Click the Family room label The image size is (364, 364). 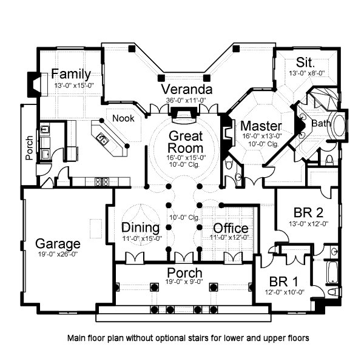(71, 74)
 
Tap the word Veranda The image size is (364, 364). (187, 89)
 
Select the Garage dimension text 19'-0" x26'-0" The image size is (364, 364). (58, 254)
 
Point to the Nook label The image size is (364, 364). (123, 118)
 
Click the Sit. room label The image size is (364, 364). (306, 62)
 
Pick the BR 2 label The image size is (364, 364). (308, 212)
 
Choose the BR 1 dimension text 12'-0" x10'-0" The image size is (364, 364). (285, 292)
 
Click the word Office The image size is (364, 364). (231, 228)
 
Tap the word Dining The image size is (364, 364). (141, 227)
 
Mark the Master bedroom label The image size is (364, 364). (261, 126)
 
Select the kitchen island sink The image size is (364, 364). (103, 138)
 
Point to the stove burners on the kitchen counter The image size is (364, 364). (102, 182)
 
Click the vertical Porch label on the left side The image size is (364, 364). (29, 148)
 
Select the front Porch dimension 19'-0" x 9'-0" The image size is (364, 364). (184, 281)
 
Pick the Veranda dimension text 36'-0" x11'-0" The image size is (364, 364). (186, 100)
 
